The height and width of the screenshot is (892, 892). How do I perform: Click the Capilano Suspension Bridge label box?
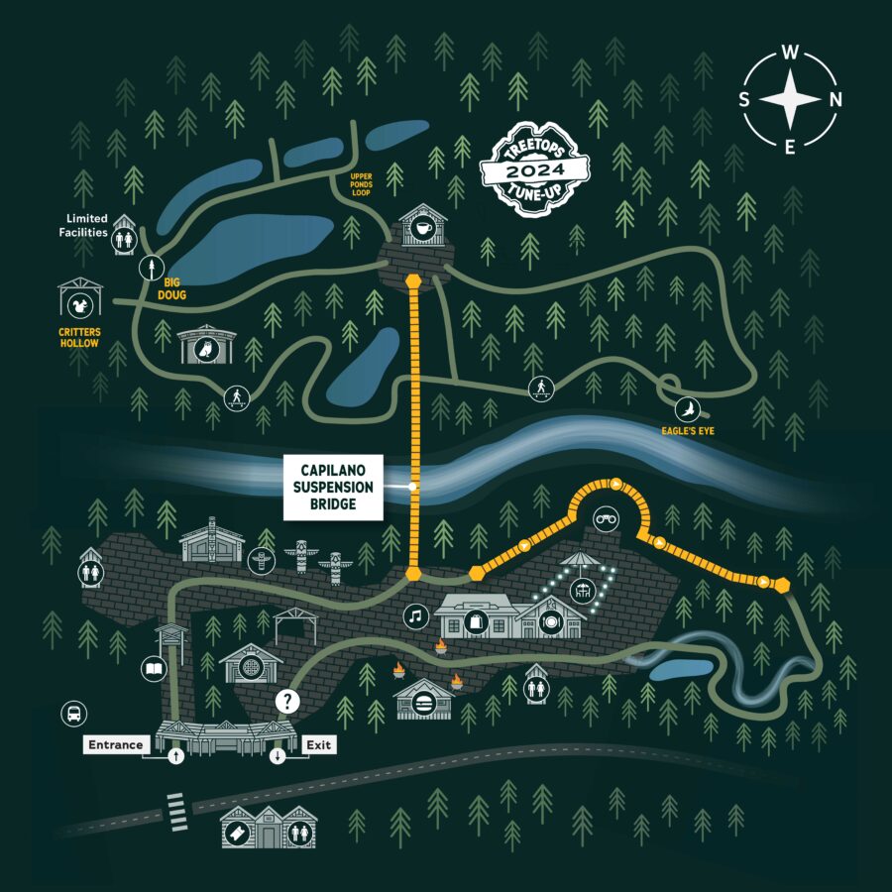pos(332,488)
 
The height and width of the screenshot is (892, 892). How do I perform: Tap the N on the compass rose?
pos(836,99)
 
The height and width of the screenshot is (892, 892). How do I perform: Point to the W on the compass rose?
pos(790,53)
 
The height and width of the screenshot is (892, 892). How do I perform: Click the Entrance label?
pos(116,744)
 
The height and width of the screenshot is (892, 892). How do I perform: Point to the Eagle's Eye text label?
pos(689,431)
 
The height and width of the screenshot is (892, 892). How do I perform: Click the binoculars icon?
pos(606,519)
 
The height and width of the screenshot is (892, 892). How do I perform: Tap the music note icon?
pos(416,616)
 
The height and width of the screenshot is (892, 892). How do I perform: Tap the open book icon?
pos(154,670)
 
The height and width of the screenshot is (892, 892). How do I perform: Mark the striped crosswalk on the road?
pos(177,810)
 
